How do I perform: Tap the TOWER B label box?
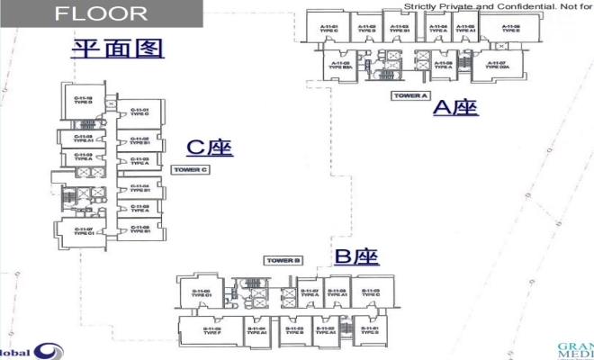click(x=283, y=261)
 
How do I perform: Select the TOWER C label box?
click(x=190, y=169)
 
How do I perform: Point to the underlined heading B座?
click(x=356, y=256)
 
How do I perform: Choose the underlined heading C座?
click(x=210, y=148)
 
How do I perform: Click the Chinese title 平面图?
click(x=117, y=48)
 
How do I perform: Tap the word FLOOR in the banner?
click(x=101, y=13)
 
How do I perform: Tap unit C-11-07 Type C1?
click(x=84, y=231)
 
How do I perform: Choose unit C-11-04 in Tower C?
click(x=139, y=188)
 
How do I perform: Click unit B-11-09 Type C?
click(x=364, y=292)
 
